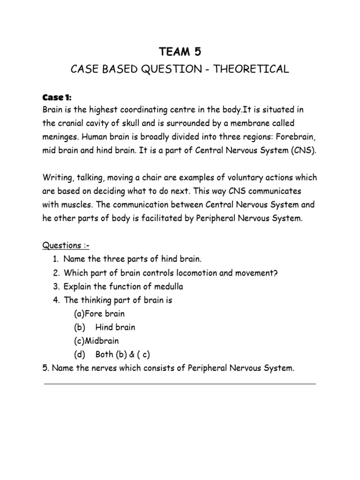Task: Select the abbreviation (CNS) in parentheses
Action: tap(299, 150)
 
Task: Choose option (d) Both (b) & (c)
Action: tap(112, 354)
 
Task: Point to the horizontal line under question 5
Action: tap(180, 384)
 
